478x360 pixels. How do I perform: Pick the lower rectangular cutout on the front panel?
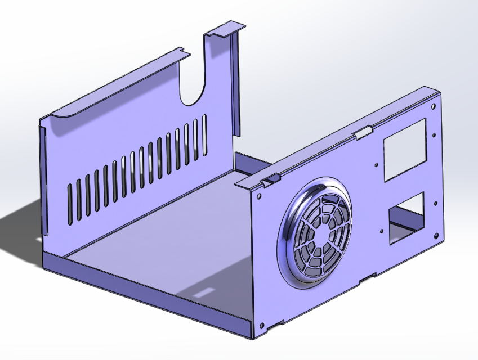coord(405,217)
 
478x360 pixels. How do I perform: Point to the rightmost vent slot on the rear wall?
coord(204,134)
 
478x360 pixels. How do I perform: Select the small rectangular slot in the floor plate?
coord(203,292)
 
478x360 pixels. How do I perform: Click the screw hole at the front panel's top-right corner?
coord(432,106)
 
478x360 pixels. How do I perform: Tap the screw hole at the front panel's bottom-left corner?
coord(261,325)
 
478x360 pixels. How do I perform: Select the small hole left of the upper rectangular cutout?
coord(377,164)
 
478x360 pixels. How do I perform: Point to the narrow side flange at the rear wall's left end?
coord(43,180)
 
